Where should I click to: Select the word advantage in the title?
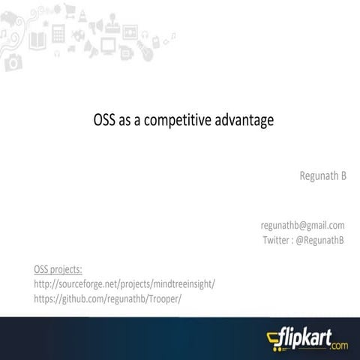241,120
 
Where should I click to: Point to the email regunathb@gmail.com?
302,225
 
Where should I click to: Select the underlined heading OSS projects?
58,268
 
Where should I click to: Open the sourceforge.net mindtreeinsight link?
124,283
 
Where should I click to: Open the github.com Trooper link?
108,298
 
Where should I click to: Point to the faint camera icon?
13,63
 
